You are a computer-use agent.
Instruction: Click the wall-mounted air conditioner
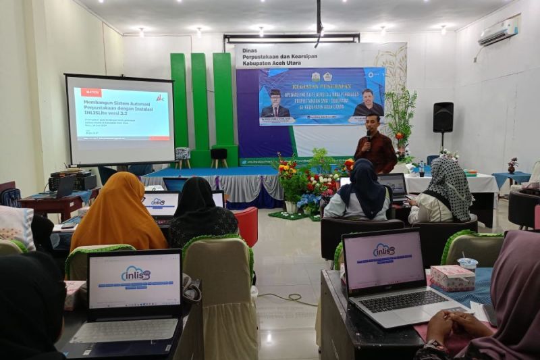498,32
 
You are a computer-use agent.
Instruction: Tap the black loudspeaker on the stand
443,117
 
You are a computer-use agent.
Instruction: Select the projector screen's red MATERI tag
91,92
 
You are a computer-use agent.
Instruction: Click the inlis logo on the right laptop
384,250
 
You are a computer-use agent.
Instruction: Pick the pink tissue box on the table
452,278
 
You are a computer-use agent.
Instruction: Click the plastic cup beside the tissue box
468,265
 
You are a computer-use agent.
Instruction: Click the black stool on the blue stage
219,155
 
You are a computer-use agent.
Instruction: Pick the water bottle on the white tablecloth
422,168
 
